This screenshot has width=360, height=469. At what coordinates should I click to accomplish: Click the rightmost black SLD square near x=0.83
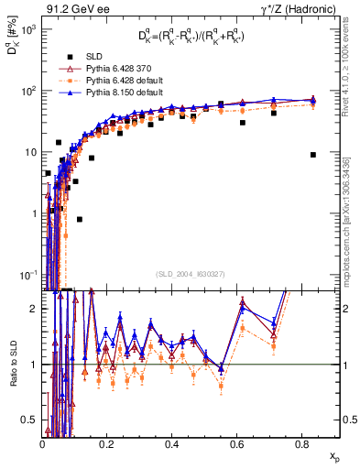313,155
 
